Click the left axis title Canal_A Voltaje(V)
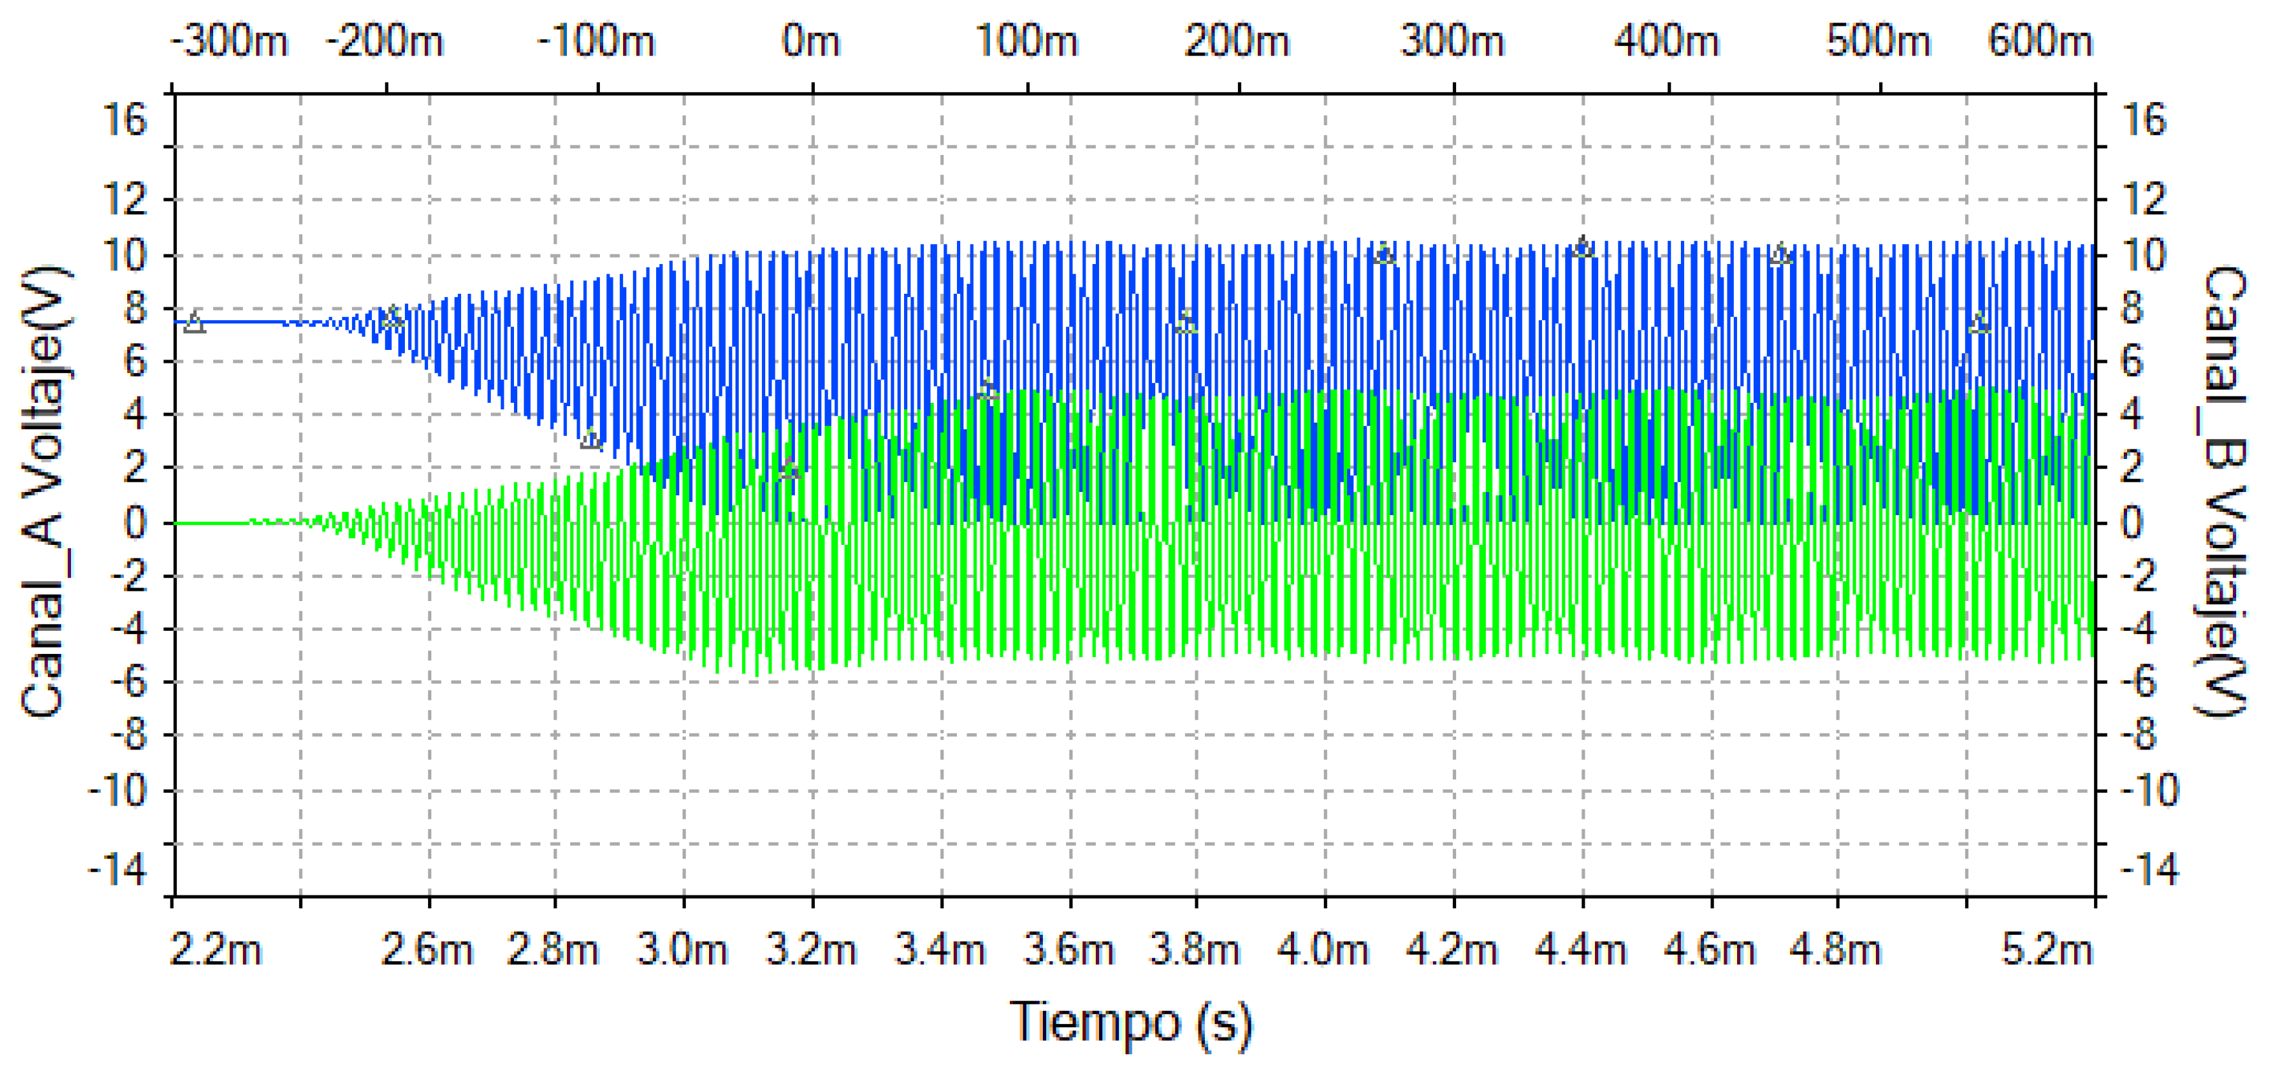pyautogui.click(x=44, y=491)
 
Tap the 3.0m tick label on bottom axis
pyautogui.click(x=682, y=950)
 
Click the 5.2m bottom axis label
pyautogui.click(x=2047, y=950)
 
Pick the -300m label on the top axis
pyautogui.click(x=229, y=41)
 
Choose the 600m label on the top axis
pyautogui.click(x=2040, y=41)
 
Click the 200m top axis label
pyautogui.click(x=1237, y=41)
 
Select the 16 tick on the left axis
pyautogui.click(x=125, y=119)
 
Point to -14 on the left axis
pyautogui.click(x=118, y=871)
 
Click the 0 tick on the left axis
pyautogui.click(x=135, y=523)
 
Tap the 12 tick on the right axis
pyautogui.click(x=2144, y=199)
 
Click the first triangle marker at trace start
pyautogui.click(x=194, y=322)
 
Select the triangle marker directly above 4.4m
pyautogui.click(x=1583, y=247)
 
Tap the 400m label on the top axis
pyautogui.click(x=1667, y=41)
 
